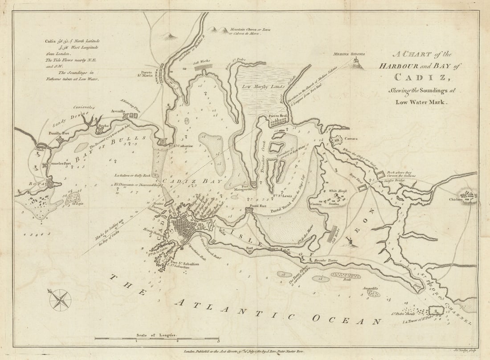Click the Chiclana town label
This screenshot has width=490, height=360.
click(x=456, y=200)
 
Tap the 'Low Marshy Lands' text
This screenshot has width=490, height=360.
click(x=263, y=87)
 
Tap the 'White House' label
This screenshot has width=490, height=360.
click(x=339, y=191)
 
